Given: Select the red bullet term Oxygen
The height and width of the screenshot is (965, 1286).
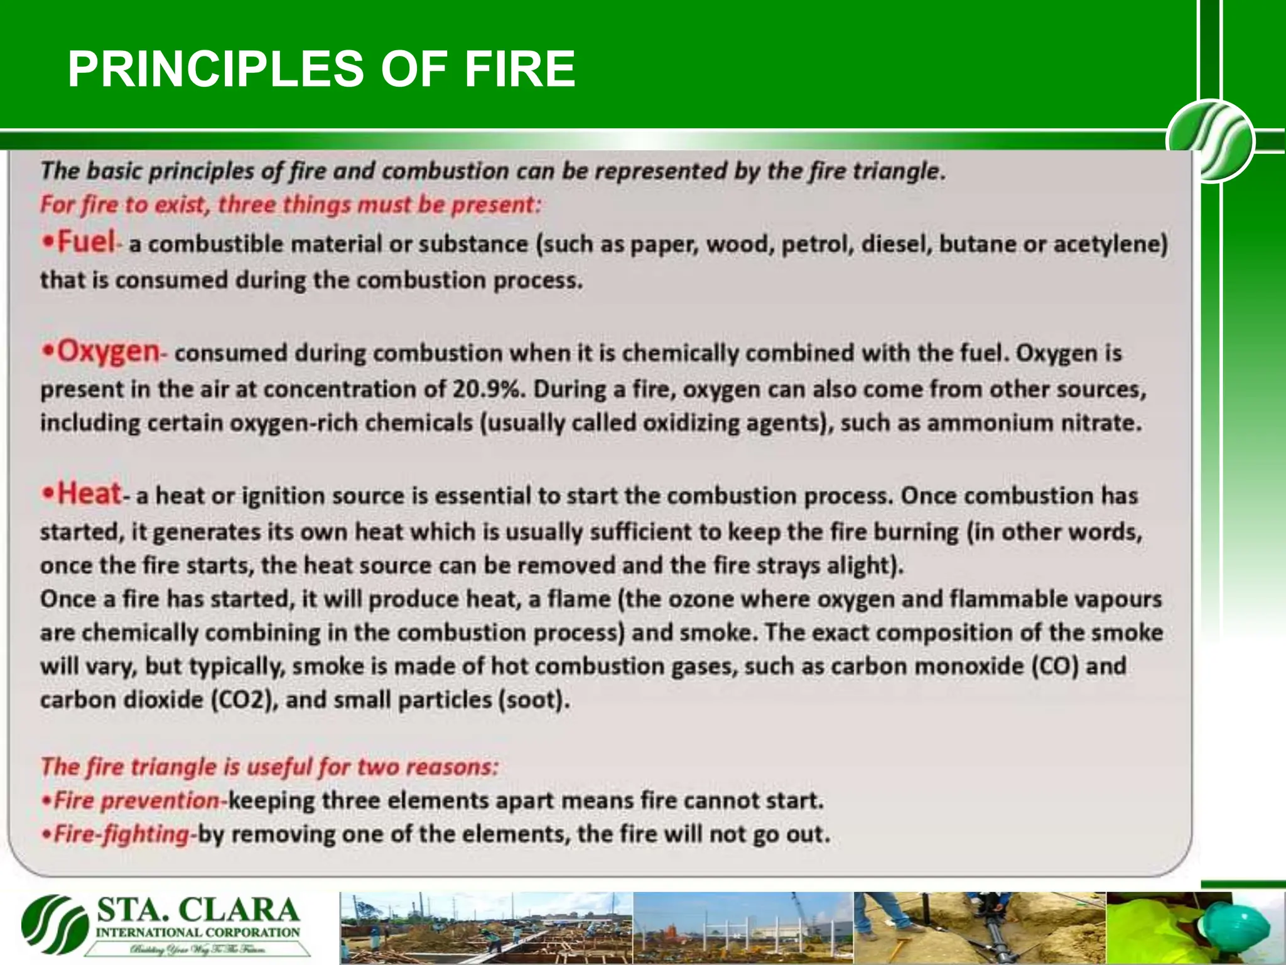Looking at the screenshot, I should tap(108, 352).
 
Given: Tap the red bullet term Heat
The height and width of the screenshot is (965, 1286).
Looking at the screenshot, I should tap(89, 494).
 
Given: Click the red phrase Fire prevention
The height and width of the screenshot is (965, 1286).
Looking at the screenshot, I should tap(136, 801).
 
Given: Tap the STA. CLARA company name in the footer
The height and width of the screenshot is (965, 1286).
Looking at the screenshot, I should tap(198, 911).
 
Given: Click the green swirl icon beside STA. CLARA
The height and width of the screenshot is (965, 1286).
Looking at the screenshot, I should tap(55, 924).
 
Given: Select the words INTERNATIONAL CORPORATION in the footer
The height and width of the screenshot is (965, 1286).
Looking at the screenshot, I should tap(198, 933).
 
